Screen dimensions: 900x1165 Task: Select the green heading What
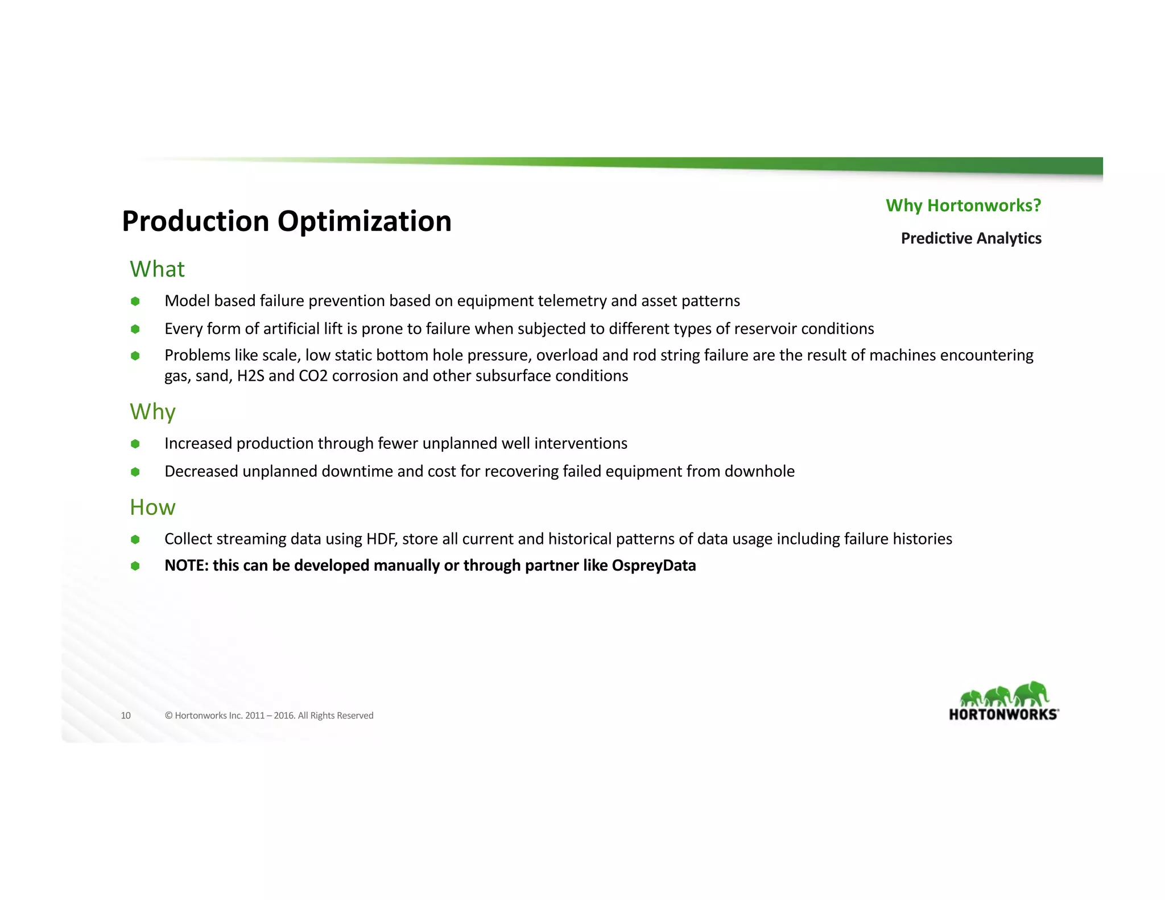157,269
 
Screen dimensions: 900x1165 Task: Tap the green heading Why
152,411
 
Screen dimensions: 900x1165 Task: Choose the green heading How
152,507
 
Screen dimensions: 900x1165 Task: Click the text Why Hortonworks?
963,205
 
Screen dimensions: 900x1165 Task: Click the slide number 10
126,716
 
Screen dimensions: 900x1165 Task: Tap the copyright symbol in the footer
168,716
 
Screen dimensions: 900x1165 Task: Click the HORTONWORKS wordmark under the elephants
1003,715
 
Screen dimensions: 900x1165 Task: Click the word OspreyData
654,565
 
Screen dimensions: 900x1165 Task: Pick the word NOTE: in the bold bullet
187,565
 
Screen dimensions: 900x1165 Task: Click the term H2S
250,376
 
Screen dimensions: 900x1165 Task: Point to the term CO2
313,376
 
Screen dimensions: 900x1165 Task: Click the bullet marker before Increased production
135,444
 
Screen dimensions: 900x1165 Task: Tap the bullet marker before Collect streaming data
135,539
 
